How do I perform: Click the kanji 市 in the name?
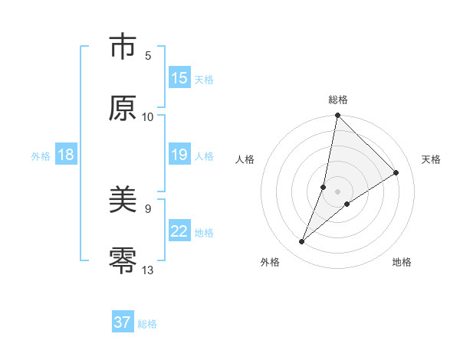(x=122, y=48)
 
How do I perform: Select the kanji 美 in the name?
(x=122, y=201)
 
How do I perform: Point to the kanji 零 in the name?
(x=122, y=261)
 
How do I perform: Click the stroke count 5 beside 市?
(x=148, y=56)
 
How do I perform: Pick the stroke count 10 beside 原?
(x=148, y=116)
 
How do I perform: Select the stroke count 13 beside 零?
(x=148, y=270)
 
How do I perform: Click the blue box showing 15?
(x=179, y=78)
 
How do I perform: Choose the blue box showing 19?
(x=179, y=155)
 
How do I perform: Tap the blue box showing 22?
(x=179, y=231)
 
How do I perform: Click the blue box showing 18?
(x=66, y=155)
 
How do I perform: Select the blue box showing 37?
(x=123, y=322)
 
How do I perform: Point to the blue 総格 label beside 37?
(x=147, y=324)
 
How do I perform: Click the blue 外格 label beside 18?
(x=41, y=156)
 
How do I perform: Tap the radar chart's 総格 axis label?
(x=338, y=100)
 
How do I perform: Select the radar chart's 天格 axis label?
(x=431, y=159)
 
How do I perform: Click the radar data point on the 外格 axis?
(x=302, y=242)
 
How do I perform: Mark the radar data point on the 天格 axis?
(x=396, y=173)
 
